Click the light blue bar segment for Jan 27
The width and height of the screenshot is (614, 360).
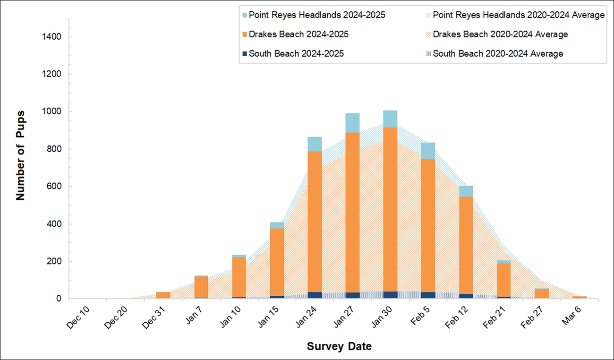pos(352,123)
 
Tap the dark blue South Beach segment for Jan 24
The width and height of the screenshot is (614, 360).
pos(315,295)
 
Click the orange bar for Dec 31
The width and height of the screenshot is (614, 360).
pos(163,295)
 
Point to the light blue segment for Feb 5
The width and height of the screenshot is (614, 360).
pos(428,151)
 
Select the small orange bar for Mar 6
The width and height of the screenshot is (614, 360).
pos(579,297)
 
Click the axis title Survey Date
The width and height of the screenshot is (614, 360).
pos(339,346)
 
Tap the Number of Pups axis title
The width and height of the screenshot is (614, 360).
pos(20,155)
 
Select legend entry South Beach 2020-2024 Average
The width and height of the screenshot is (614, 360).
pos(498,53)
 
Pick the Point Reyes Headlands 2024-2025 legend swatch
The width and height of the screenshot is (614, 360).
pos(244,15)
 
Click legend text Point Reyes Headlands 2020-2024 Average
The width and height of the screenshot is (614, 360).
pos(519,15)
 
